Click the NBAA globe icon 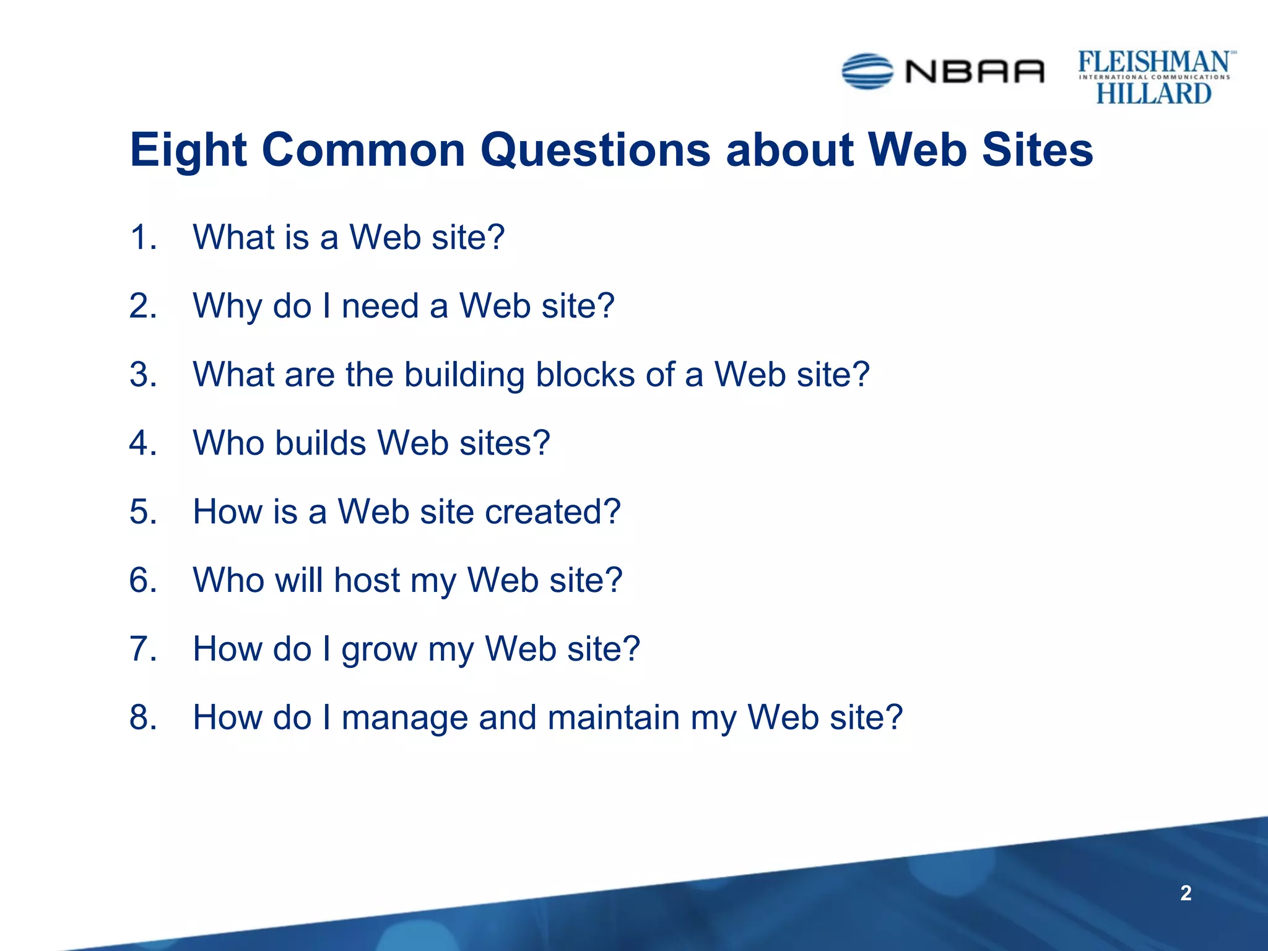point(867,71)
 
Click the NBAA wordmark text point(975,72)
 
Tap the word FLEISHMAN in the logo point(1154,62)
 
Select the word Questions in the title point(595,150)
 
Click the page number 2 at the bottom point(1185,893)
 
